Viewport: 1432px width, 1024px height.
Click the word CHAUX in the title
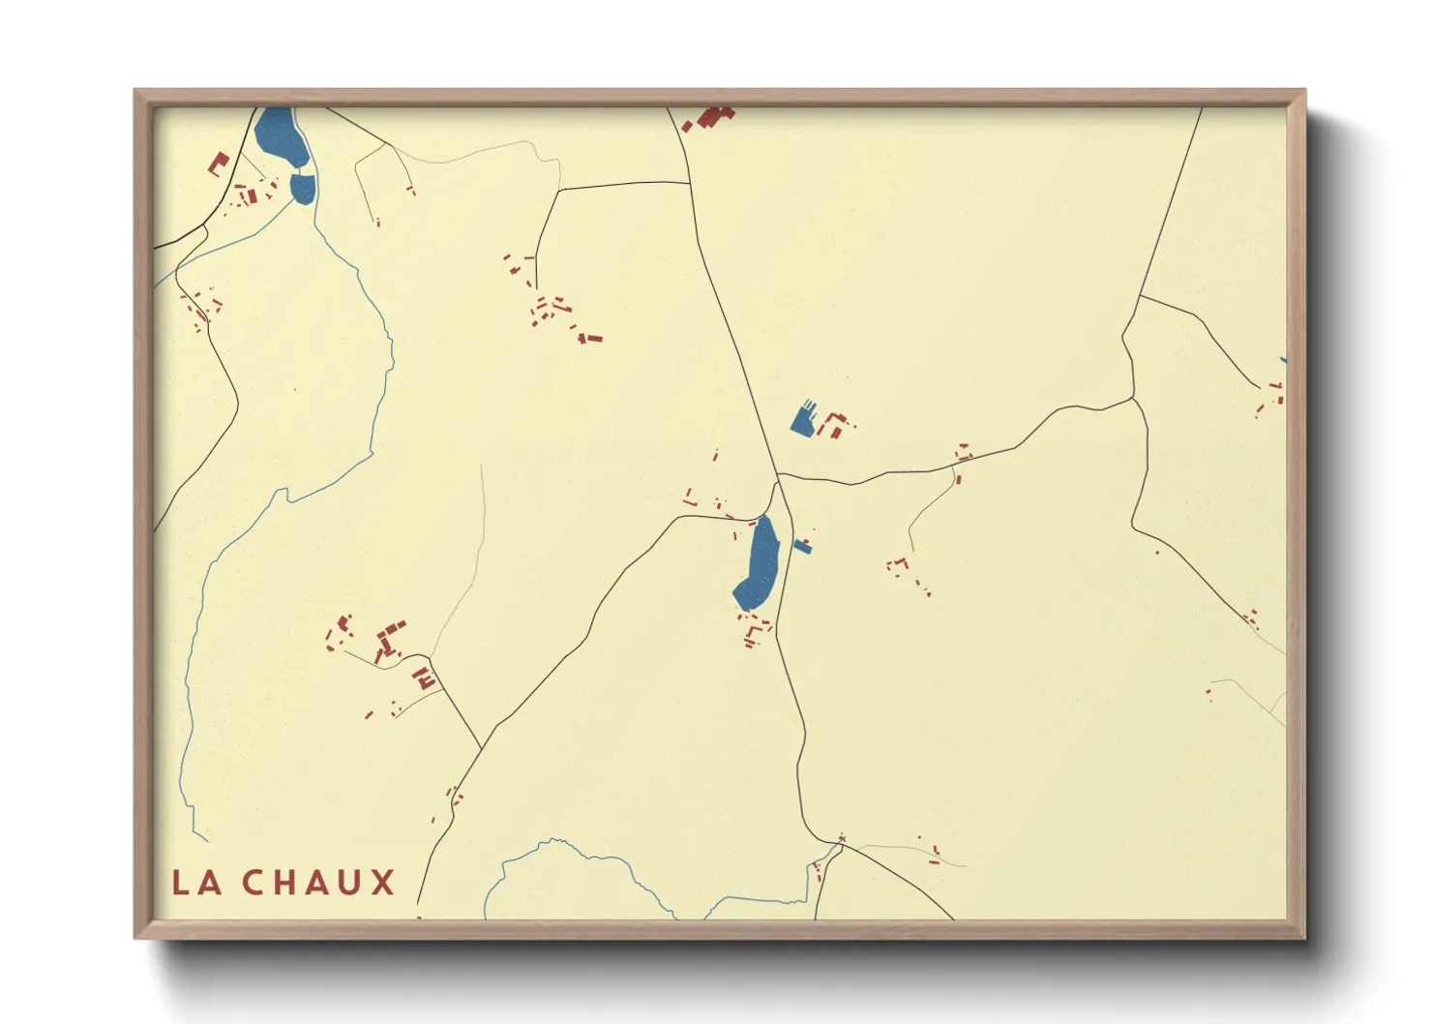pos(318,882)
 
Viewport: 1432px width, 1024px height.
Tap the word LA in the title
pos(197,882)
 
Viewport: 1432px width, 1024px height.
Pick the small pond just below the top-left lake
pos(303,187)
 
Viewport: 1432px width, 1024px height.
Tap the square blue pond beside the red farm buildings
pos(803,419)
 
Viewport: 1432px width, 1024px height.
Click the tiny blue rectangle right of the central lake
pos(802,546)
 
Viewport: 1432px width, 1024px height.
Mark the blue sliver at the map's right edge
pos(1283,359)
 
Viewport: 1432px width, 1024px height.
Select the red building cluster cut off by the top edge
pos(710,118)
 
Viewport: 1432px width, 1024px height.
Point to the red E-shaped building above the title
pos(424,678)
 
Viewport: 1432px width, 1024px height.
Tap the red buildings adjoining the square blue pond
pos(836,423)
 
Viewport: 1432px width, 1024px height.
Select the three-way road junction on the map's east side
pos(1133,397)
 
